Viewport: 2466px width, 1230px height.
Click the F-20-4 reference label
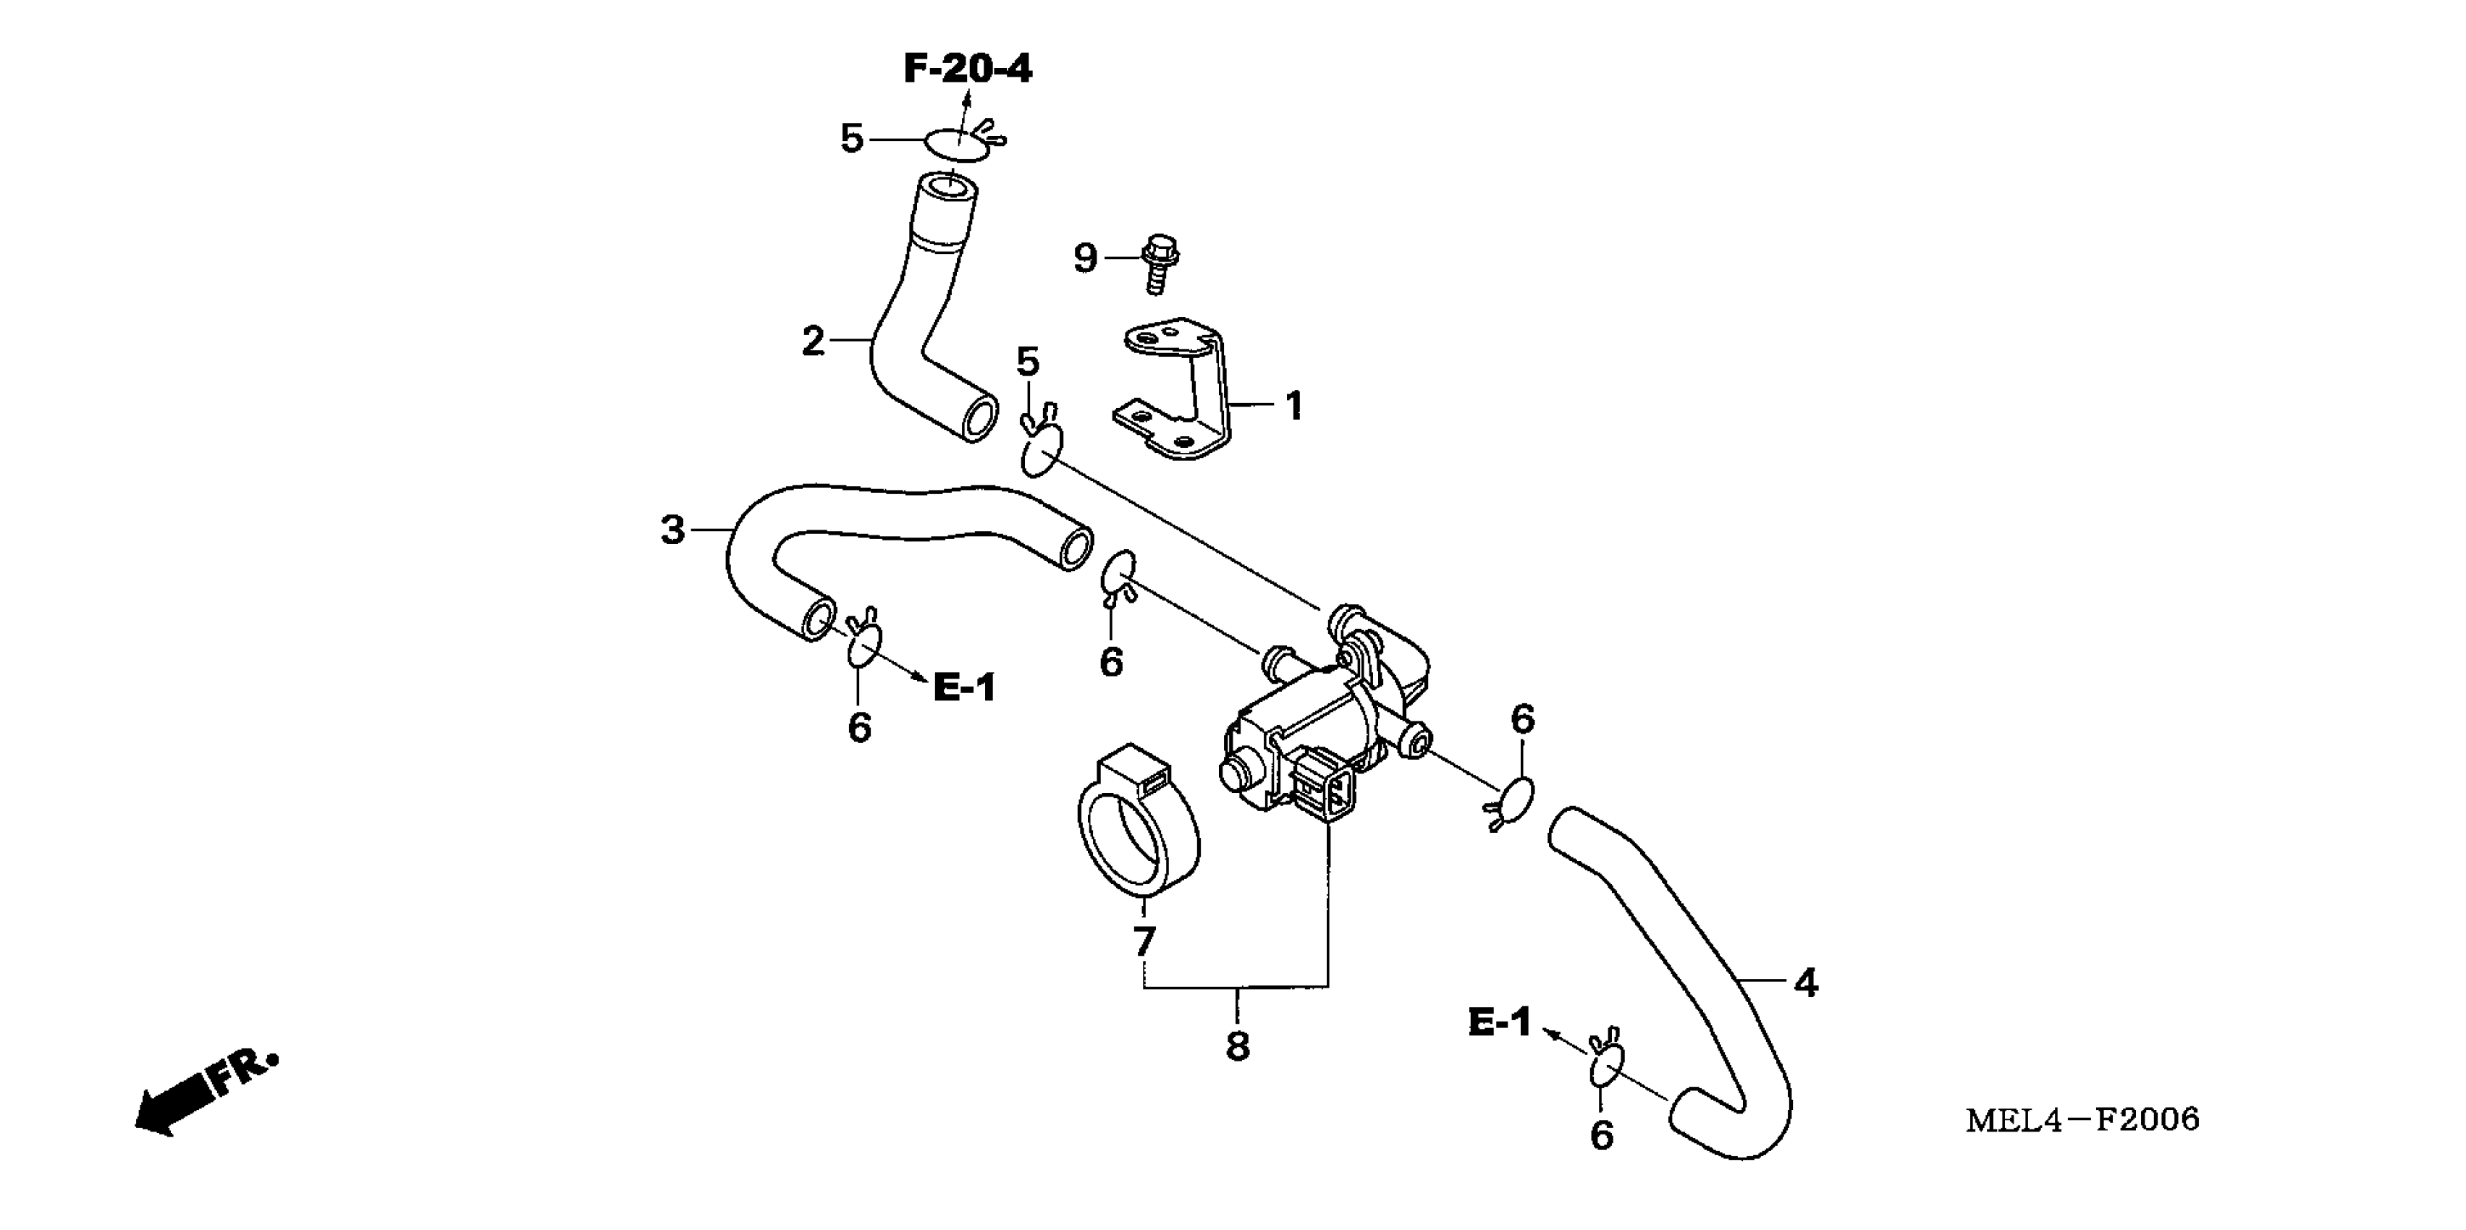click(968, 69)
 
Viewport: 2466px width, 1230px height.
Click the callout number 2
click(813, 341)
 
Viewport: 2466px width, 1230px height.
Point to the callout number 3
click(673, 530)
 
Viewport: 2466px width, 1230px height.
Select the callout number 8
click(1237, 1046)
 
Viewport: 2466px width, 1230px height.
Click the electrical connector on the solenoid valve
click(1323, 784)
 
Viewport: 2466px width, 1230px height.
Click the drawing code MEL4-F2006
click(2082, 1120)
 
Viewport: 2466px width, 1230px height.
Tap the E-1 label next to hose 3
click(965, 687)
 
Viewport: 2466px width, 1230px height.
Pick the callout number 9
click(1084, 258)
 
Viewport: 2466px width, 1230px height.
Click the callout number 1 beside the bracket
click(1293, 406)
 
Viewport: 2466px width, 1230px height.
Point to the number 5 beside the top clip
click(851, 139)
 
